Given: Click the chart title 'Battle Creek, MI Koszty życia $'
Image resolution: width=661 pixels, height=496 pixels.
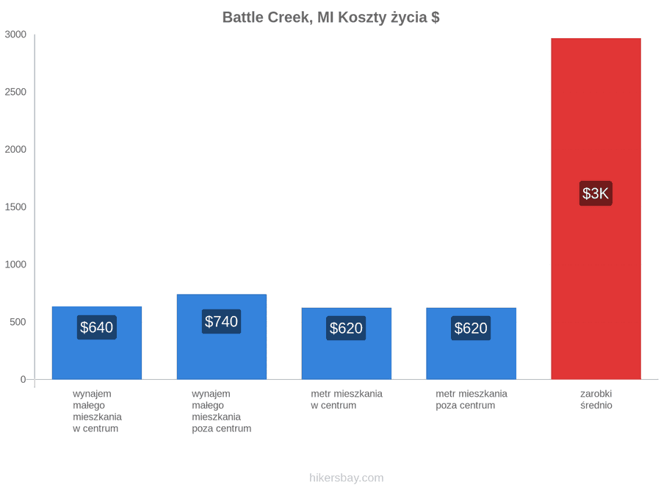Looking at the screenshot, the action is click(x=331, y=18).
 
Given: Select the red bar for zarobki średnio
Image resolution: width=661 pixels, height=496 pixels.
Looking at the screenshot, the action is click(x=596, y=209).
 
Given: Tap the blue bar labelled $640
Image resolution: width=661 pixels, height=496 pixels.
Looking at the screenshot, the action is click(x=97, y=343).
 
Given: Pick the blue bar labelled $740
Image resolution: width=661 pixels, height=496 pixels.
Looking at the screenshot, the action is click(x=222, y=337).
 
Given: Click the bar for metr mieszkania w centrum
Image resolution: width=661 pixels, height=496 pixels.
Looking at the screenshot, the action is click(x=347, y=344).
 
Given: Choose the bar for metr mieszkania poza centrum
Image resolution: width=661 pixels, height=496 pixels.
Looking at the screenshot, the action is click(x=472, y=344).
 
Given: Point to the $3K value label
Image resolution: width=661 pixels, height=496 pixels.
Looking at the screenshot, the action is click(x=596, y=193).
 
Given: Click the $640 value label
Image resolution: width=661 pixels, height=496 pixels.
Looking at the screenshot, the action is click(x=97, y=327).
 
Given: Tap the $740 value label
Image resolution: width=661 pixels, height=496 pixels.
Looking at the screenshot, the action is click(x=221, y=321).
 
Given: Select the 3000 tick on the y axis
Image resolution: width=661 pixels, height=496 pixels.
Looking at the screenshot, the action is click(x=15, y=35).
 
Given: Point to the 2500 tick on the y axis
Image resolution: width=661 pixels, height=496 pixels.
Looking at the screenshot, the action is click(x=15, y=92).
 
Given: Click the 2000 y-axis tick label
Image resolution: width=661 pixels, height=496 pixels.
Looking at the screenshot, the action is click(x=15, y=149).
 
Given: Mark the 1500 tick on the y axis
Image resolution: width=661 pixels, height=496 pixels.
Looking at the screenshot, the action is click(x=15, y=206).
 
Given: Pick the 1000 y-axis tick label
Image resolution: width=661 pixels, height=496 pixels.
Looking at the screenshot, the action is click(x=15, y=265).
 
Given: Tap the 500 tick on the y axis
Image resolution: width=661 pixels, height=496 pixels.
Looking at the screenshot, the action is click(x=18, y=322).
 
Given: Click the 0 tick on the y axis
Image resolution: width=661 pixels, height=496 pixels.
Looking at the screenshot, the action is click(x=24, y=379).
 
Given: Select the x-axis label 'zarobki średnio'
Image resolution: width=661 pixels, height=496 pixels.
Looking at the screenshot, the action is click(x=596, y=400).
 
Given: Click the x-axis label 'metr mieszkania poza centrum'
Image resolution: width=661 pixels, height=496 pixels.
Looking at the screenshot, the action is click(x=472, y=400).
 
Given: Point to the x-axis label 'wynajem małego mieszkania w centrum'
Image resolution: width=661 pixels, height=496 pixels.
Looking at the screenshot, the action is click(x=98, y=411).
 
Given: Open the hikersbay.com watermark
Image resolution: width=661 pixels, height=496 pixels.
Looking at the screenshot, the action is click(x=347, y=478).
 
